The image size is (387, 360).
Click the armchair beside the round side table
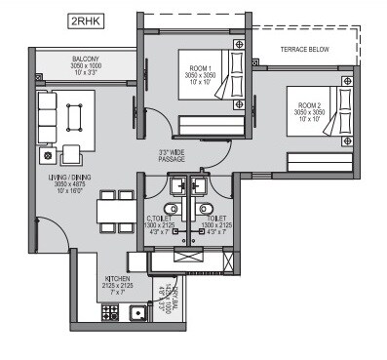tap(71, 154)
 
